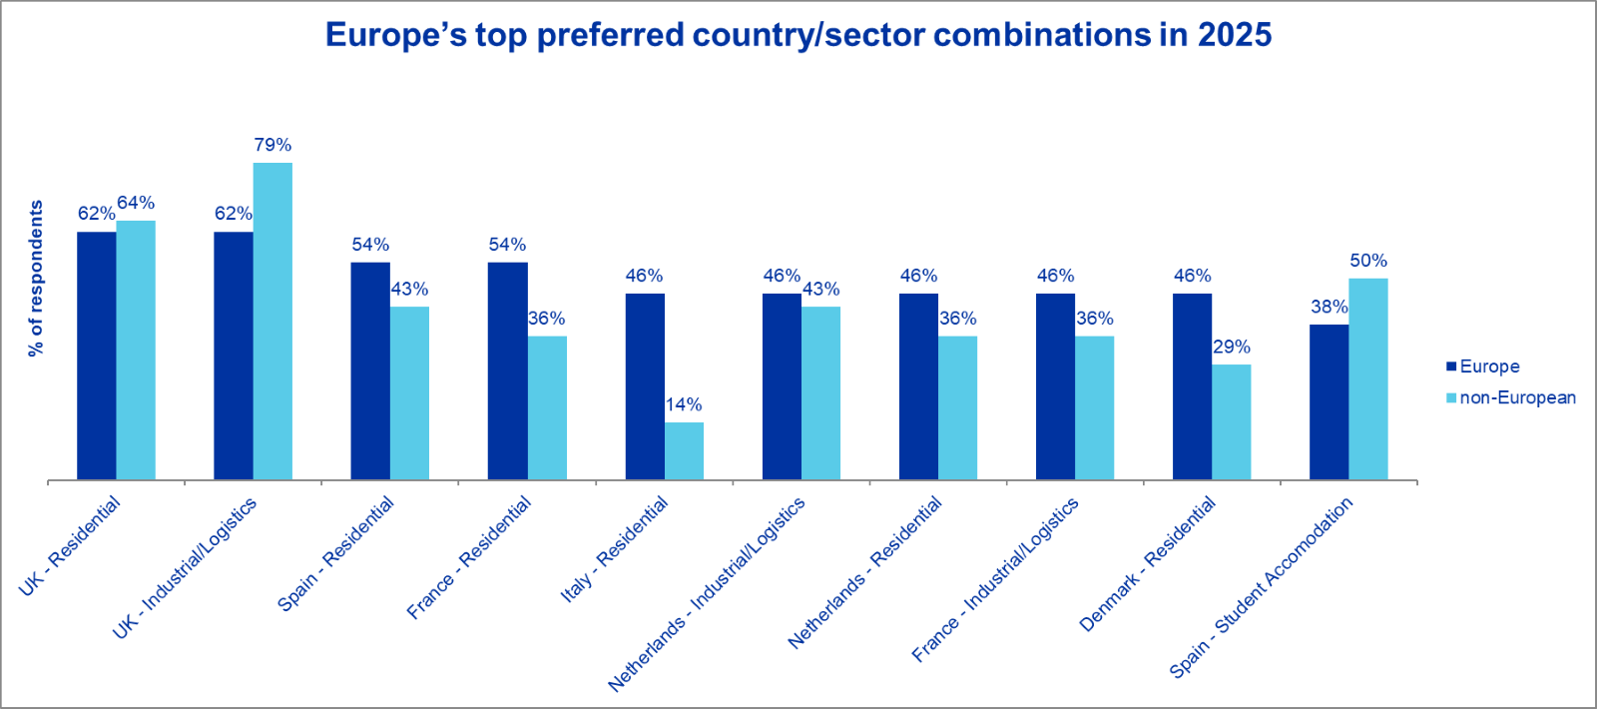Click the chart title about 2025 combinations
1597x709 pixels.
(x=798, y=35)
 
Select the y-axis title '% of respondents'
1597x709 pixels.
(x=37, y=278)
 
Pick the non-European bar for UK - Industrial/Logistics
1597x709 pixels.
(x=272, y=321)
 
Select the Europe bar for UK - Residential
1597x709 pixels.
(x=97, y=355)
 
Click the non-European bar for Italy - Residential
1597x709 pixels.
(x=684, y=450)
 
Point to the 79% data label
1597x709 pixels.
(x=272, y=145)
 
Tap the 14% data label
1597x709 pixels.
(x=684, y=404)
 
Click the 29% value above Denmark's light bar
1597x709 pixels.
(x=1232, y=347)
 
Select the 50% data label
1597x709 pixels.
(x=1368, y=261)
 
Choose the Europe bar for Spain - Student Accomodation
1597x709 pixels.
(x=1329, y=401)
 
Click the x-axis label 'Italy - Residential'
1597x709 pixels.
(x=614, y=549)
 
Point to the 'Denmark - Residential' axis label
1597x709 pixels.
(x=1148, y=563)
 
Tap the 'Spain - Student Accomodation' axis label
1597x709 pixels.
(x=1262, y=587)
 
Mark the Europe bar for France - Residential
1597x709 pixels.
(x=507, y=370)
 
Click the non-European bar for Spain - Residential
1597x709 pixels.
(x=409, y=392)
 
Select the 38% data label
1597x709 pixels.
(x=1329, y=307)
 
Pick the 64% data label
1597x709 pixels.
(x=136, y=203)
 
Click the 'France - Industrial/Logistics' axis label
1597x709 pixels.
(x=995, y=579)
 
